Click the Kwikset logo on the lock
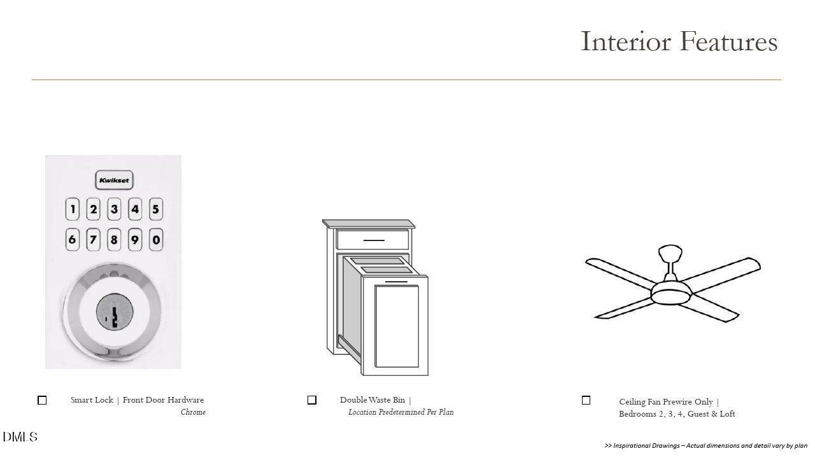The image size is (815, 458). click(114, 180)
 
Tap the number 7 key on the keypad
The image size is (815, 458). click(93, 240)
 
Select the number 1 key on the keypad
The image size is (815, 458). click(73, 209)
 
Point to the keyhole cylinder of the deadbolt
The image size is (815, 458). click(115, 312)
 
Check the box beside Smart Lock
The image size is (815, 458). click(42, 400)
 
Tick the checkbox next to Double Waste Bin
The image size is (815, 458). click(312, 400)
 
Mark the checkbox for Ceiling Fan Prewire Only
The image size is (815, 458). click(586, 400)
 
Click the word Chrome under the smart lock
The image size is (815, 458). click(193, 412)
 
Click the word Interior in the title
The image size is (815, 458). click(626, 41)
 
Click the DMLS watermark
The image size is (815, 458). click(20, 437)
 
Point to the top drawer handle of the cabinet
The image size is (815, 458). click(374, 240)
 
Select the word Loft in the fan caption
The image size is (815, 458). click(727, 414)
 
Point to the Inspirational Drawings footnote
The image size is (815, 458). click(706, 446)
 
